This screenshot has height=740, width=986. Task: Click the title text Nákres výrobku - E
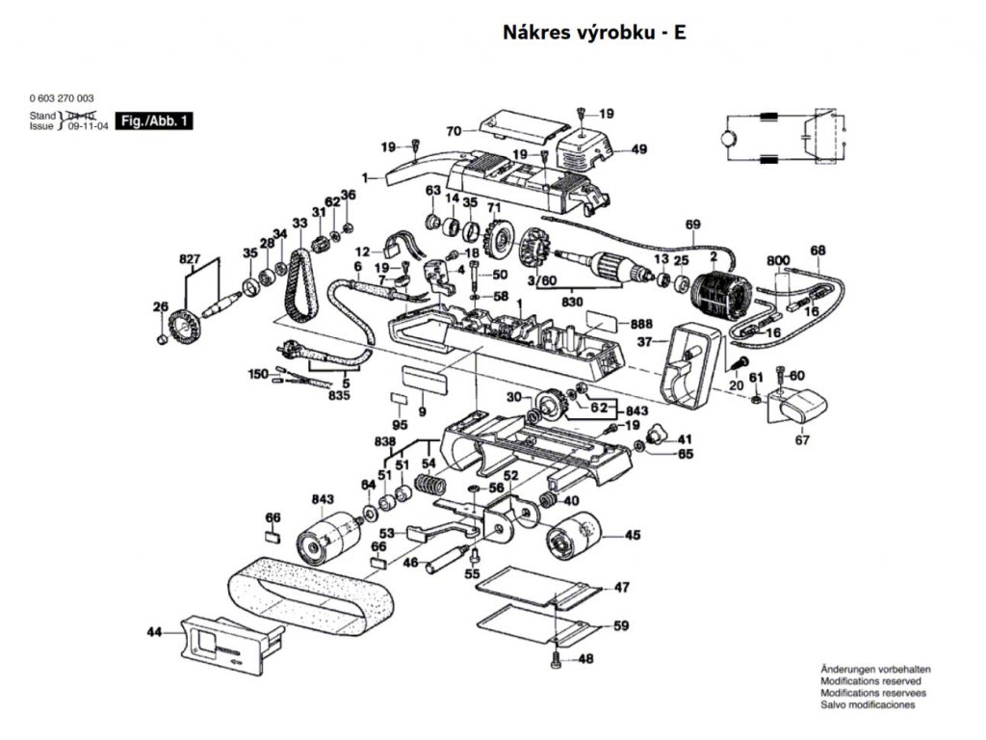[x=594, y=33]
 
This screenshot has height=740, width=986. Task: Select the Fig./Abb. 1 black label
[x=154, y=121]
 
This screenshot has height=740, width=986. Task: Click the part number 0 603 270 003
[x=62, y=98]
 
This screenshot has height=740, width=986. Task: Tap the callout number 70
[x=454, y=130]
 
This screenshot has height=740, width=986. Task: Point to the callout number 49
[x=639, y=149]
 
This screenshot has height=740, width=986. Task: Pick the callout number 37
[x=645, y=342]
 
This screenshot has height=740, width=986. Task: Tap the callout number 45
[x=633, y=536]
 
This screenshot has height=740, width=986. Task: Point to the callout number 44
[x=155, y=632]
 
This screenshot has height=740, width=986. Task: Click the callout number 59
[x=621, y=626]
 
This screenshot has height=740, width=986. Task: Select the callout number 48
[x=586, y=660]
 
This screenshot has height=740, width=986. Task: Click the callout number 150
[x=258, y=373]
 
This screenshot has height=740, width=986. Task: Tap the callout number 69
[x=693, y=225]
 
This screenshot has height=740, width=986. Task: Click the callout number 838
[x=385, y=441]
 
